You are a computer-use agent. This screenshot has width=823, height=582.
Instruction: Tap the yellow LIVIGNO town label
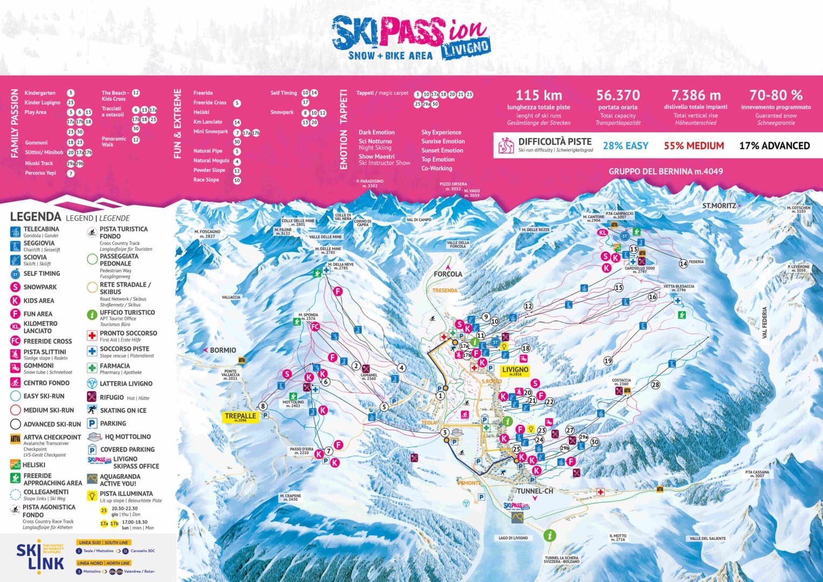515,371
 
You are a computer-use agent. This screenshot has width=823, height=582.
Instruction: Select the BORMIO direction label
222,350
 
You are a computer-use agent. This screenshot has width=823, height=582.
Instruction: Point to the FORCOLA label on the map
448,274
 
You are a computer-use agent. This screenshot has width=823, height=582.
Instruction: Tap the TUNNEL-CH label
535,491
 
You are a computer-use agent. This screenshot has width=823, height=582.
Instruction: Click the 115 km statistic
538,95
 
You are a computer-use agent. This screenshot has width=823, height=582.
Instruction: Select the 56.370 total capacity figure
618,95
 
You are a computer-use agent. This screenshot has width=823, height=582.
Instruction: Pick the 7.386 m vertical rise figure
696,95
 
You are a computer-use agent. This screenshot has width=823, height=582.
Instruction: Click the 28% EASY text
625,145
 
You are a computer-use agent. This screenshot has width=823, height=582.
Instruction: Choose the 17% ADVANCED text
774,145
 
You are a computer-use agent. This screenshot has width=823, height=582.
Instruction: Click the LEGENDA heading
36,217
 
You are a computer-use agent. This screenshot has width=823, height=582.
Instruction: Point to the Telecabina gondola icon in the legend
15,232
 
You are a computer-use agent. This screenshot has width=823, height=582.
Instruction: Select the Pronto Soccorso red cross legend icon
92,336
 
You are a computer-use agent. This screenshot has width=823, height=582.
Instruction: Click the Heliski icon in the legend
15,465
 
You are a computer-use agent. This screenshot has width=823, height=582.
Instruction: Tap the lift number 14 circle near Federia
683,264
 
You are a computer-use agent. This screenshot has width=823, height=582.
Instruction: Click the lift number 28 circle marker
655,385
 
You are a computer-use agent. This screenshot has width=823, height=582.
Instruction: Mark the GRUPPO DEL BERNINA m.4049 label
666,171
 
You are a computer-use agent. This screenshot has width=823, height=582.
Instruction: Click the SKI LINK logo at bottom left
39,556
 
